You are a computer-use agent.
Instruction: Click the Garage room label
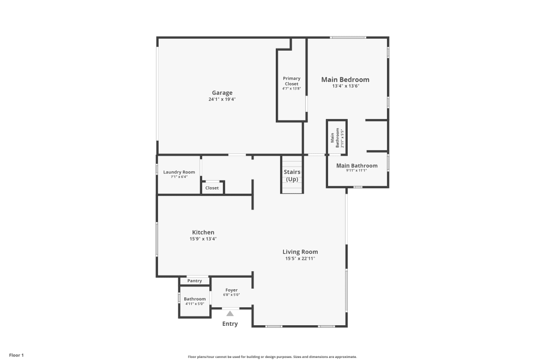point(222,93)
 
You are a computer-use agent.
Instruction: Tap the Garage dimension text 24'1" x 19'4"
point(222,99)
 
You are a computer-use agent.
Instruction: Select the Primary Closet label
point(291,81)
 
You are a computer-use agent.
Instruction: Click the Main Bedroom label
point(345,80)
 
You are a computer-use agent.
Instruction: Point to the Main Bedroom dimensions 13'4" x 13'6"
point(346,86)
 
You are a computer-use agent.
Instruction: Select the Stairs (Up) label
point(292,176)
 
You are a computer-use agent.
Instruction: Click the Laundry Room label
point(179,172)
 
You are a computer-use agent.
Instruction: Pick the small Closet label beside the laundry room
point(212,188)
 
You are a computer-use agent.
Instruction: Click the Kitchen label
point(203,232)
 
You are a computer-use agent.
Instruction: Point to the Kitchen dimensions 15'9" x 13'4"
point(203,238)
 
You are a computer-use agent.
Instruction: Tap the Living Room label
point(300,252)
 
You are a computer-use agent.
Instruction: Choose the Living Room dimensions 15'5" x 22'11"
point(300,259)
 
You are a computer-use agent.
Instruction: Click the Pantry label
point(195,281)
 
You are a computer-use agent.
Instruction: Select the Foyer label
point(231,290)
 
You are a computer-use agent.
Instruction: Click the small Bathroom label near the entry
point(195,299)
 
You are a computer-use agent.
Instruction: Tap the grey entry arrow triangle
point(230,313)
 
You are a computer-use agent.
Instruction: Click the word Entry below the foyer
point(230,324)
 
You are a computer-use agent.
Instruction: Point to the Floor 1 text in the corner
point(16,355)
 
